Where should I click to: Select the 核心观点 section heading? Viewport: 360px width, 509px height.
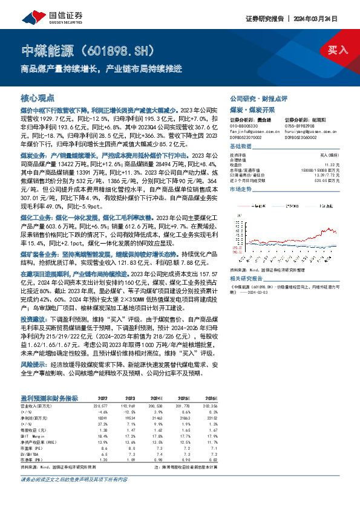coord(38,97)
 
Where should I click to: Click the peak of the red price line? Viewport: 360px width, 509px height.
coord(327,229)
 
